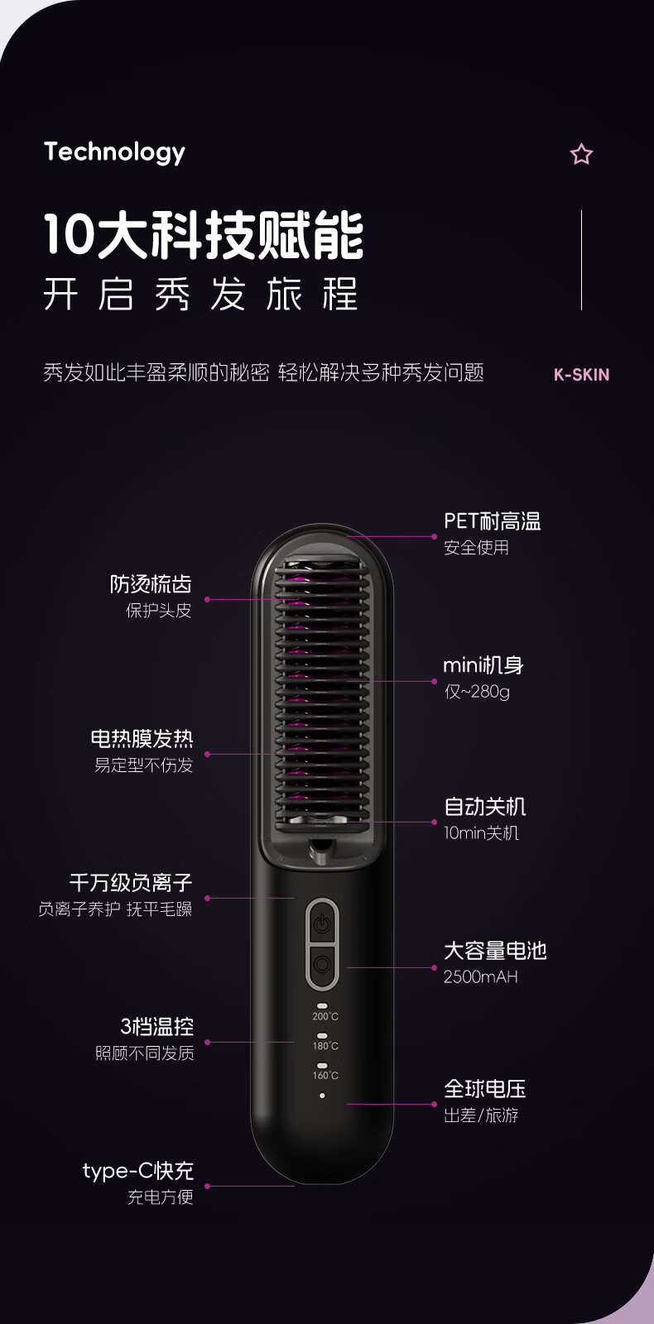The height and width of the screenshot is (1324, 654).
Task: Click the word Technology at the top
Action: click(x=114, y=152)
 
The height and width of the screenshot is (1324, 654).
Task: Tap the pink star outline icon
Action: click(x=581, y=154)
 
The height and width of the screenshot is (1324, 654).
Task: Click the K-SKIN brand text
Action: click(x=581, y=374)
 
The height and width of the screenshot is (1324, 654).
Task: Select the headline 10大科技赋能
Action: click(x=204, y=235)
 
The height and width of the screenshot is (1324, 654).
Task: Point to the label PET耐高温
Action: click(x=492, y=521)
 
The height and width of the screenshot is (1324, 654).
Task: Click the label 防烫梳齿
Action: click(x=151, y=584)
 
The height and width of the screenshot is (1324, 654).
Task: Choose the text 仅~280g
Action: click(x=477, y=692)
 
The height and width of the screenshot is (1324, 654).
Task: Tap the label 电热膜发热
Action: click(x=142, y=738)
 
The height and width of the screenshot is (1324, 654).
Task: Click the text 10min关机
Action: click(x=481, y=833)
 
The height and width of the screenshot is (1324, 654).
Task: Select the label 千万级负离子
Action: click(x=131, y=883)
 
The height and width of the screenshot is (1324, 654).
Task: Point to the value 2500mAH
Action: click(x=480, y=977)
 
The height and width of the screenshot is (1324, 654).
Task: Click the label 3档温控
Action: click(x=156, y=1027)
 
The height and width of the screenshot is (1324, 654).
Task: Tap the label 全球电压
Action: click(x=484, y=1089)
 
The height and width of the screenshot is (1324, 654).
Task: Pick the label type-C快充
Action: click(x=137, y=1171)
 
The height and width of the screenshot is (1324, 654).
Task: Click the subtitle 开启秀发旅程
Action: click(x=200, y=295)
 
